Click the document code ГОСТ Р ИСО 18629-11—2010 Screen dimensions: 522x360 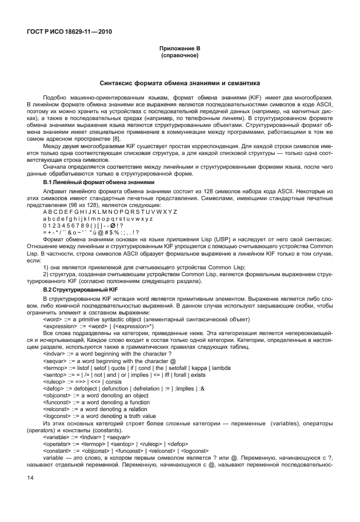tap(69, 31)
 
